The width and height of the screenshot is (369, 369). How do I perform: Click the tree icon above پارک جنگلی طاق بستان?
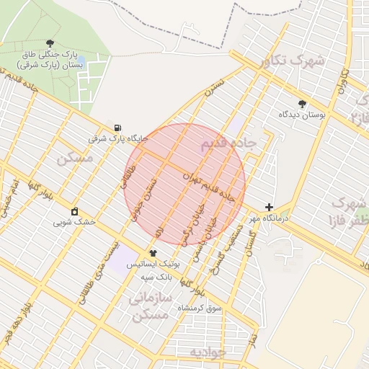click(x=50, y=44)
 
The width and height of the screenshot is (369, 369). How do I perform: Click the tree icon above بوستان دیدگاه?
click(x=302, y=104)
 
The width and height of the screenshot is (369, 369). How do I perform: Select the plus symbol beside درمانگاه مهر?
click(x=269, y=207)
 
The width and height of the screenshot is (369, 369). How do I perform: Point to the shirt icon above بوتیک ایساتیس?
click(x=153, y=254)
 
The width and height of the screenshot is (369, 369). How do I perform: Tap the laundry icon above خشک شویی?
click(x=74, y=211)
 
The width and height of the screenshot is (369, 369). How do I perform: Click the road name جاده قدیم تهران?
click(x=210, y=185)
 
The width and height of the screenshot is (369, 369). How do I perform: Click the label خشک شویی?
click(x=74, y=222)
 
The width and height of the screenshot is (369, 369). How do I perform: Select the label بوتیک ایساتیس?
click(x=153, y=265)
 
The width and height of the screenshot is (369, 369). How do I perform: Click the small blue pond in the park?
click(x=80, y=60)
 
